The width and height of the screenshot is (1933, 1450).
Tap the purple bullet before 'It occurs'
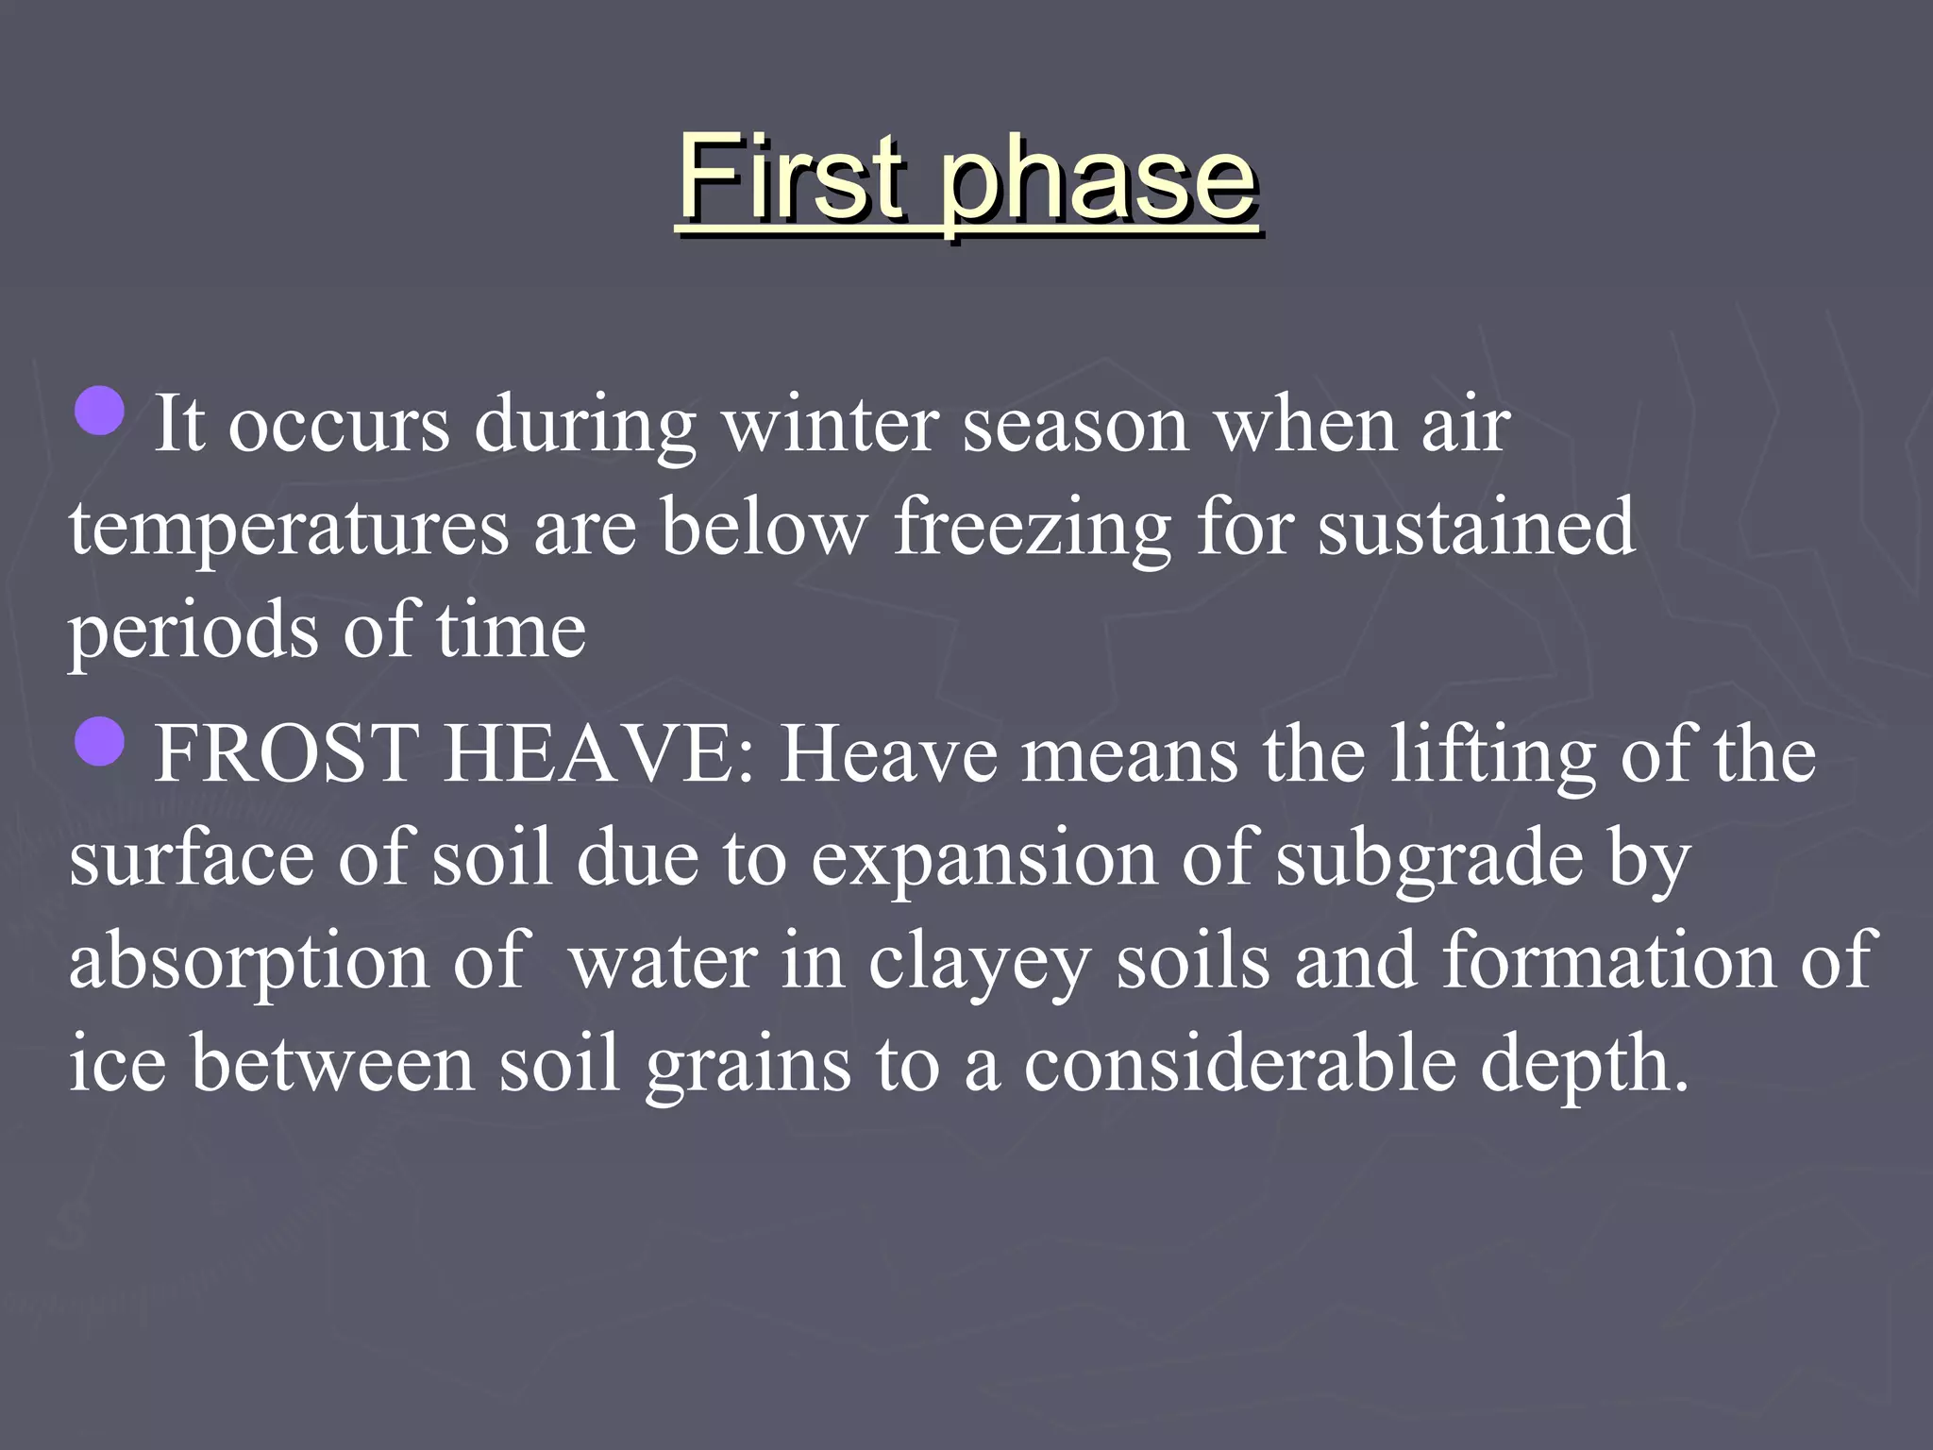99,410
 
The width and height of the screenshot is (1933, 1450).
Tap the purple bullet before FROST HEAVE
99,740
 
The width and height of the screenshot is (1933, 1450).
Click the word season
1074,427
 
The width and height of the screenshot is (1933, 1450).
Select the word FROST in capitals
286,754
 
